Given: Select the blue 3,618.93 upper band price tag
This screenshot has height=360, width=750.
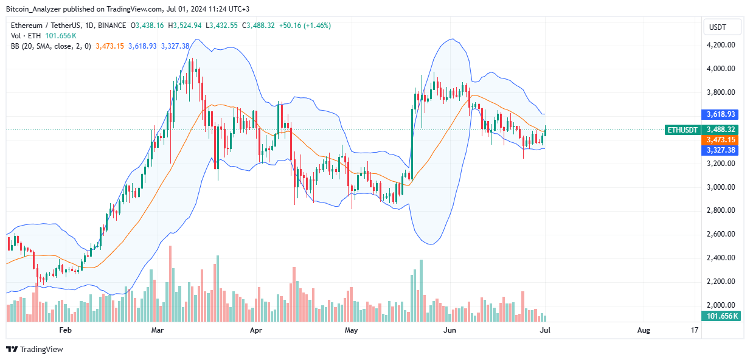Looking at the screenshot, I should [x=721, y=114].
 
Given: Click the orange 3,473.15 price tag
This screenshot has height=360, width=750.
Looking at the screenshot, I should [x=721, y=139].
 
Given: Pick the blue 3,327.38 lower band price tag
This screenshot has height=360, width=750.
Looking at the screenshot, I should [x=721, y=150].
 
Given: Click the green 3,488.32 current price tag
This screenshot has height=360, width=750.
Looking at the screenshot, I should [x=721, y=130].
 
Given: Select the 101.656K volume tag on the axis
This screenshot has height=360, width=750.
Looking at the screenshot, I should [x=721, y=316].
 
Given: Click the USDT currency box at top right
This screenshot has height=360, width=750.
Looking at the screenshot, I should [x=722, y=27].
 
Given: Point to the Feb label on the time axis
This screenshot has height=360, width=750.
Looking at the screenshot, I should [x=66, y=330].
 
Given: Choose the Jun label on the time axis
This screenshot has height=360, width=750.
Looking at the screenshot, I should [x=450, y=330].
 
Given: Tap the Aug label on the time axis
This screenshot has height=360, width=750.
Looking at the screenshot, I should [x=644, y=330].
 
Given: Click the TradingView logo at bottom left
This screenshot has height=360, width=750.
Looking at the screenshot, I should [x=35, y=350].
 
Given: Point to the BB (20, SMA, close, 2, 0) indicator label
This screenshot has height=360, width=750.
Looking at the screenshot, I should [x=50, y=46].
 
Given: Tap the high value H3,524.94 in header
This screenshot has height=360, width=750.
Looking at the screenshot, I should [x=186, y=26].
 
